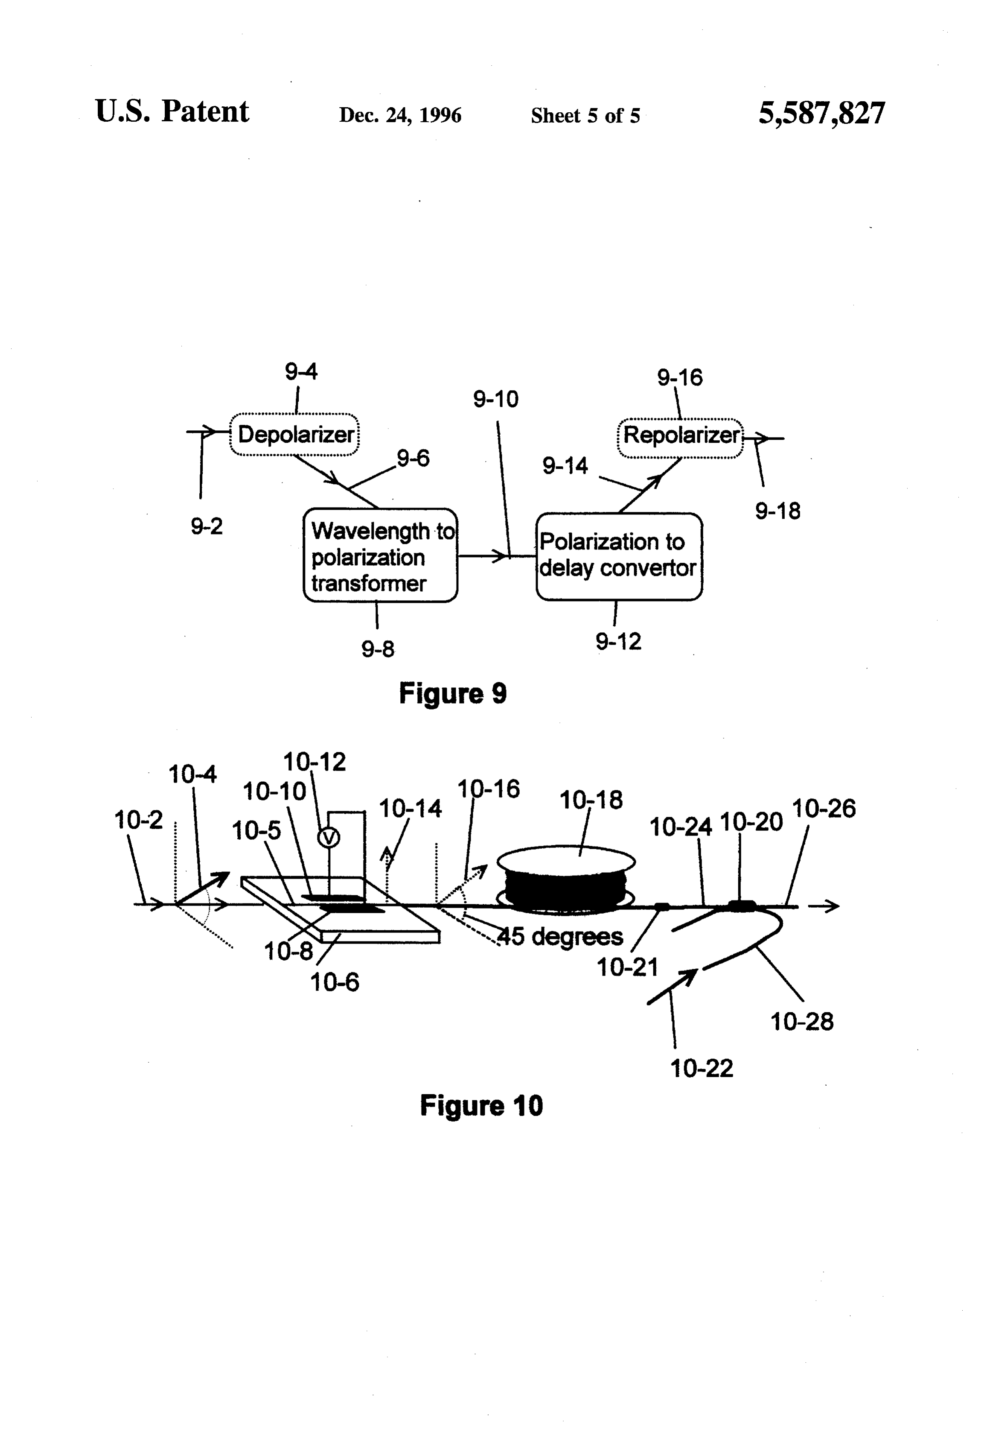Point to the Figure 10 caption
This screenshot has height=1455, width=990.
(x=481, y=1106)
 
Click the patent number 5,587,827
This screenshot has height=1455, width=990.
(x=822, y=113)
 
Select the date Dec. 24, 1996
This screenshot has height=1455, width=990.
(x=400, y=115)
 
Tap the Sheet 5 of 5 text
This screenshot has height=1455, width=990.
(x=585, y=116)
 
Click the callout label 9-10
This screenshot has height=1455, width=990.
(x=495, y=399)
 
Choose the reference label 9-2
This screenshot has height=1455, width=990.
(x=207, y=526)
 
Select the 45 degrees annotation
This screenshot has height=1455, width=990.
(x=561, y=937)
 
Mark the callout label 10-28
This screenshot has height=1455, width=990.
(x=802, y=1022)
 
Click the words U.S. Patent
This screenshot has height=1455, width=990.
(x=172, y=111)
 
